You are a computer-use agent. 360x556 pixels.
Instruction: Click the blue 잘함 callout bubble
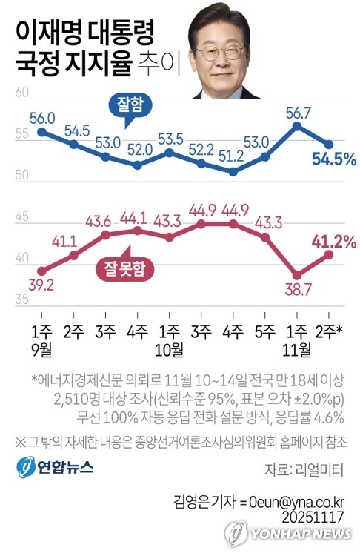click(124, 105)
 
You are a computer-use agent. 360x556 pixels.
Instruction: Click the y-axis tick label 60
click(21, 93)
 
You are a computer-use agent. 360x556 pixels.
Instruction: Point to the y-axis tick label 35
click(21, 299)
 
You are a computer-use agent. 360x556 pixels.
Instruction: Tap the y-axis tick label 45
click(21, 217)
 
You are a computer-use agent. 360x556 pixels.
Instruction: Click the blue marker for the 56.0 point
click(41, 132)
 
